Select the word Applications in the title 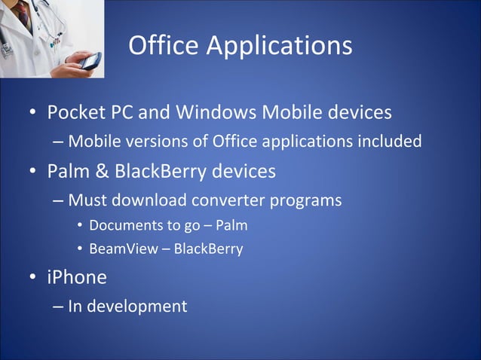279,47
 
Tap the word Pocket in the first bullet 76,113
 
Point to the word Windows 217,113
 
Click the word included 388,141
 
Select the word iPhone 76,277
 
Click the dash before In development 59,307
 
